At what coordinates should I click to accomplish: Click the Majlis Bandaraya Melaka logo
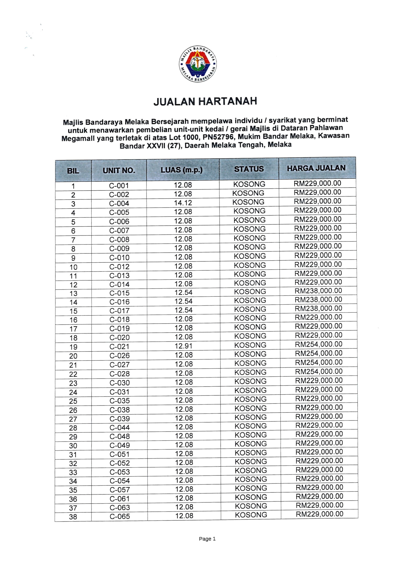[x=198, y=64]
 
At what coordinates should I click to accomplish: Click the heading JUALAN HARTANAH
[x=205, y=101]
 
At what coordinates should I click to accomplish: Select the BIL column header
[x=73, y=171]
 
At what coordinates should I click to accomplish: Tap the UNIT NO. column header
[x=119, y=170]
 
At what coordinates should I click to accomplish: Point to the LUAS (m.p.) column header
[x=182, y=170]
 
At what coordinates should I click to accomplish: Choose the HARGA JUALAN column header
[x=316, y=168]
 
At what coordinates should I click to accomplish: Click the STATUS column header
[x=249, y=169]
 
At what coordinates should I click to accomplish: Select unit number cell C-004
[x=119, y=203]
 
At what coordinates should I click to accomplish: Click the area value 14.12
[x=183, y=203]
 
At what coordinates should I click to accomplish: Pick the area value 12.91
[x=183, y=346]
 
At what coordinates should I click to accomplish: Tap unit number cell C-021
[x=119, y=346]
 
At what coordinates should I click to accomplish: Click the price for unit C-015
[x=318, y=291]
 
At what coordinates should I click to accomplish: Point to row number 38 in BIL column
[x=73, y=517]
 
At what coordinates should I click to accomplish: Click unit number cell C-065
[x=120, y=516]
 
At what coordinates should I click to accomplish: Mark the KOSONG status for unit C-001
[x=249, y=184]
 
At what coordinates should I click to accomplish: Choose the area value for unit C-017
[x=183, y=310]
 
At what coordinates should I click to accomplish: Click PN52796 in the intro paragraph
[x=218, y=137]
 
